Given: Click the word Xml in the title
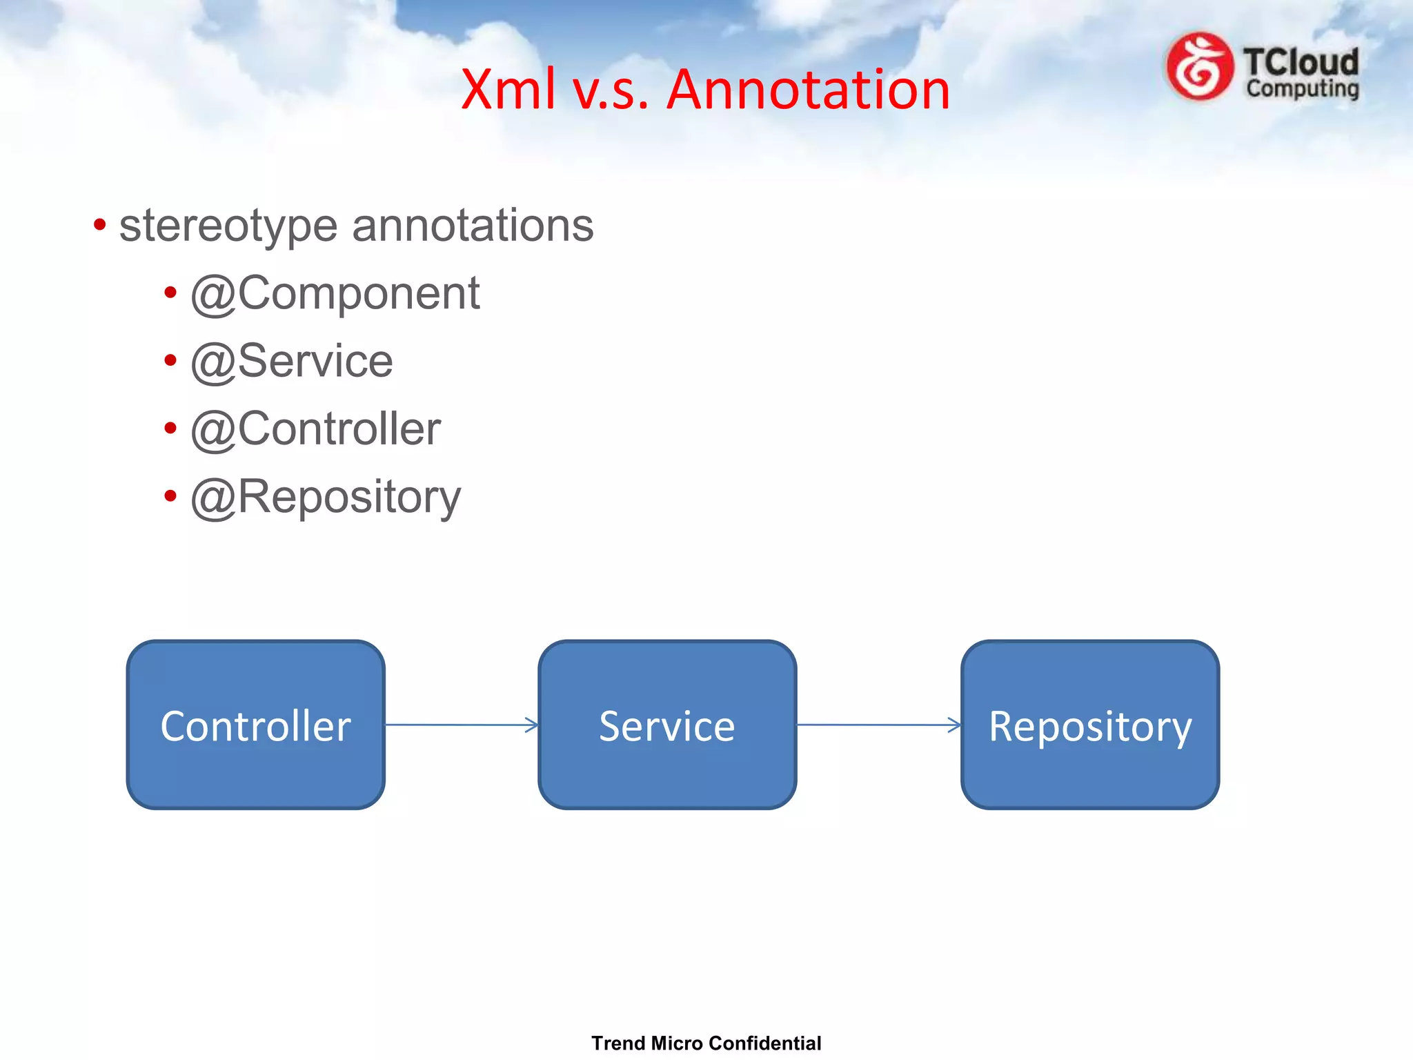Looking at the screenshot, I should pyautogui.click(x=508, y=90).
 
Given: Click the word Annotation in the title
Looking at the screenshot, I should pyautogui.click(x=808, y=90).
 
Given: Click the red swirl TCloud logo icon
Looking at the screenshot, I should pyautogui.click(x=1199, y=66).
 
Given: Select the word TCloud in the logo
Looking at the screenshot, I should pyautogui.click(x=1301, y=61).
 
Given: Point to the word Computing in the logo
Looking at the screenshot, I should pyautogui.click(x=1302, y=89).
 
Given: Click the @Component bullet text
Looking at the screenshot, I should pyautogui.click(x=335, y=293).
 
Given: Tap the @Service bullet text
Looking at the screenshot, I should pyautogui.click(x=292, y=361).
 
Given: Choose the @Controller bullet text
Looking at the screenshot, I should pyautogui.click(x=315, y=429).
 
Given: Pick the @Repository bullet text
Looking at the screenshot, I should pyautogui.click(x=326, y=497).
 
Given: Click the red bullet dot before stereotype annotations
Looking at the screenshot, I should pyautogui.click(x=100, y=224).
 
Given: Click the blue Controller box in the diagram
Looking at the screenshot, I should pyautogui.click(x=255, y=725).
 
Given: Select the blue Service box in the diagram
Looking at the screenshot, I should pyautogui.click(x=666, y=725).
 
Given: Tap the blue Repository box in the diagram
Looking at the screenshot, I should pyautogui.click(x=1089, y=725).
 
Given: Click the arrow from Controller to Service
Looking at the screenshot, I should pyautogui.click(x=461, y=725).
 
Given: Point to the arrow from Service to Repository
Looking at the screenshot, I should pyautogui.click(x=878, y=725).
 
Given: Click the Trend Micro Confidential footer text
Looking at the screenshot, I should pyautogui.click(x=706, y=1043).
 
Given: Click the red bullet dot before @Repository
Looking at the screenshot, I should pyautogui.click(x=170, y=495).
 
